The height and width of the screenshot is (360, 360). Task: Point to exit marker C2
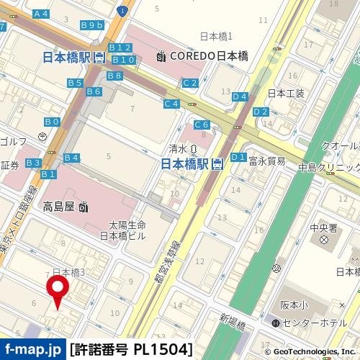click(x=189, y=83)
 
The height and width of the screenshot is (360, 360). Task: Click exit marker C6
click(x=202, y=125)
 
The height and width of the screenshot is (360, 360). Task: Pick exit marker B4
click(x=71, y=158)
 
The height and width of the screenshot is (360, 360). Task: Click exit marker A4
click(x=41, y=14)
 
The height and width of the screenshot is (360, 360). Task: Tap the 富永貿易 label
click(x=267, y=161)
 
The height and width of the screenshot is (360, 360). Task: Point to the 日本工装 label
click(x=286, y=94)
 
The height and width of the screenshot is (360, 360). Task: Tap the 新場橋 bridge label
click(x=233, y=317)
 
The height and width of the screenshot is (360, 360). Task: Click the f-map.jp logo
click(x=32, y=350)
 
